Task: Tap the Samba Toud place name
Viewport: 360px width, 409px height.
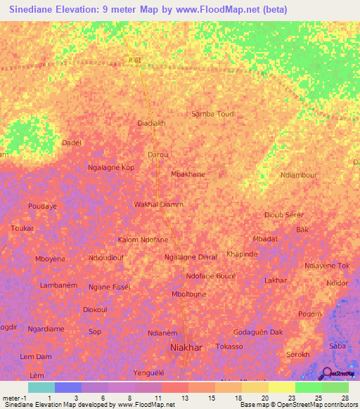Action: [x=212, y=114]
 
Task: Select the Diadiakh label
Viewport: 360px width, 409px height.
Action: [x=151, y=123]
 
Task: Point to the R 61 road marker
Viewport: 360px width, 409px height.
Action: [x=136, y=60]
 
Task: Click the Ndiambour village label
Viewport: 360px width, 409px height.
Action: [x=299, y=175]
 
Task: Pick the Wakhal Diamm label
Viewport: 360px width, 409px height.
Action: [x=158, y=204]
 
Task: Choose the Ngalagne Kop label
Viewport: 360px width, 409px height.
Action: [x=110, y=168]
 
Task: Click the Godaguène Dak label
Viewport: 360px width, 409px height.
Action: [x=258, y=332]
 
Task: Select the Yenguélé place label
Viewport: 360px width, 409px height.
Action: [x=149, y=372]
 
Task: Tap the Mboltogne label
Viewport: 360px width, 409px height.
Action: [x=189, y=294]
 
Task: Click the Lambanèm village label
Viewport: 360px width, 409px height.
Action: [x=58, y=285]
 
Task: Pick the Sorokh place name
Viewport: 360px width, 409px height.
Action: [x=298, y=354]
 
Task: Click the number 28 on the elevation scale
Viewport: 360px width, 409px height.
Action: [x=345, y=398]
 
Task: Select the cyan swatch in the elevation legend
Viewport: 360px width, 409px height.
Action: [x=41, y=387]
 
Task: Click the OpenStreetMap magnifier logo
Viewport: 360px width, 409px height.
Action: [x=325, y=373]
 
